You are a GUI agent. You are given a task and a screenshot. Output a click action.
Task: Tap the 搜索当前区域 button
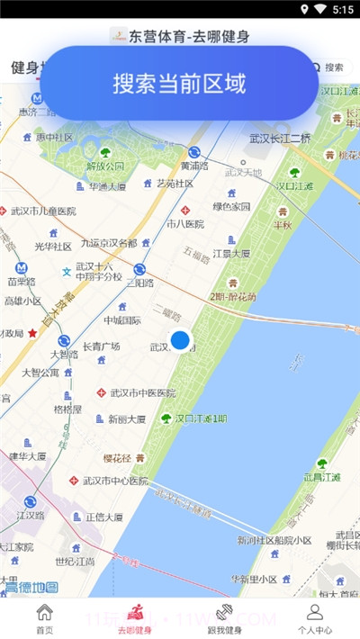click(179, 83)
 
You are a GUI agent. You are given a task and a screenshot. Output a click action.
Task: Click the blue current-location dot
click(181, 340)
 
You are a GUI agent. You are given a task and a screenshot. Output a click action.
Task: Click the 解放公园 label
click(105, 166)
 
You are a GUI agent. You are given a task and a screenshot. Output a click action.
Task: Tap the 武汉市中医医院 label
click(142, 392)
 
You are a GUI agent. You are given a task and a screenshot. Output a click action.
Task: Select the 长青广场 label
click(102, 346)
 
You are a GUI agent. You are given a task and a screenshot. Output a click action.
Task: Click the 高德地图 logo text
click(31, 588)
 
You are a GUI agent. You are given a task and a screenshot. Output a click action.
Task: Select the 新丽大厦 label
click(127, 419)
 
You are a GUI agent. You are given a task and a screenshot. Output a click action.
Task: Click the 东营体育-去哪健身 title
click(189, 37)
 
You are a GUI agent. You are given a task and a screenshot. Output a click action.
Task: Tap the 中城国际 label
click(121, 319)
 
